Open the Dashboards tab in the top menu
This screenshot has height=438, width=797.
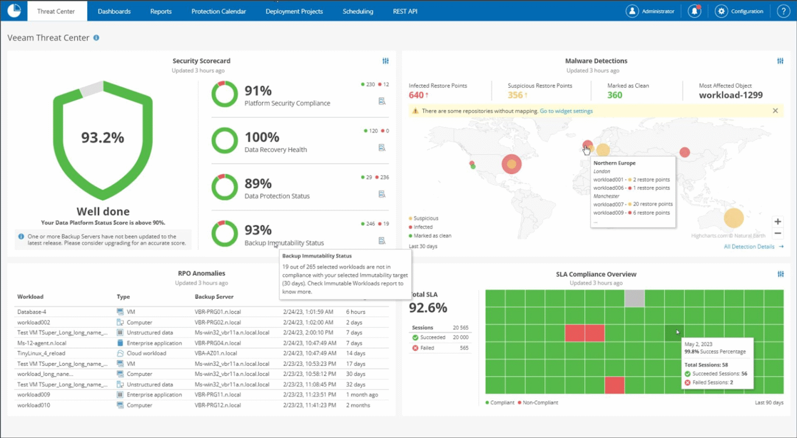pyautogui.click(x=114, y=11)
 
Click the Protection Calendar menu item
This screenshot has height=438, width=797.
pyautogui.click(x=218, y=11)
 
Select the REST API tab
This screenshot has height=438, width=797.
pyautogui.click(x=405, y=11)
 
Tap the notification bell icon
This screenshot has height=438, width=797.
pyautogui.click(x=694, y=11)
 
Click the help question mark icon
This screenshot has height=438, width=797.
pyautogui.click(x=783, y=11)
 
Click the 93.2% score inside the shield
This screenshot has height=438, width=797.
pyautogui.click(x=103, y=138)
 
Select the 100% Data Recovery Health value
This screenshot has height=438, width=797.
pyautogui.click(x=262, y=137)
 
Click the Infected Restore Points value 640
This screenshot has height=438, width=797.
pyautogui.click(x=416, y=95)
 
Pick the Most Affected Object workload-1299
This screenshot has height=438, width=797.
pyautogui.click(x=731, y=95)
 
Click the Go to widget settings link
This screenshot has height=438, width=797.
pyautogui.click(x=566, y=111)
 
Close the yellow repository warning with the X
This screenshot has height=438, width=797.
pyautogui.click(x=775, y=111)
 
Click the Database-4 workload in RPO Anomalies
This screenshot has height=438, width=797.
pyautogui.click(x=32, y=312)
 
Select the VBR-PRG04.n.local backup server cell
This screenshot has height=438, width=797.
pyautogui.click(x=217, y=343)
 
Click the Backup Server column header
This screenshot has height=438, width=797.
pyautogui.click(x=214, y=297)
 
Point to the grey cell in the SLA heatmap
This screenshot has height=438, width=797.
pyautogui.click(x=634, y=298)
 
